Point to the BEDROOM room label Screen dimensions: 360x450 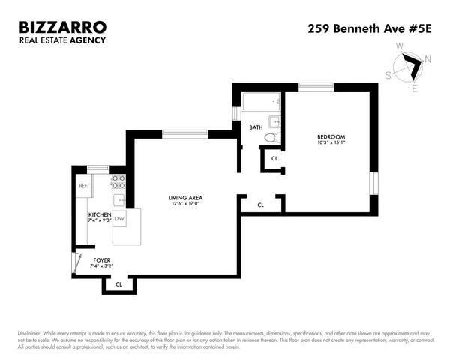tap(330, 136)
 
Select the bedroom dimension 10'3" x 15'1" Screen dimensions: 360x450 tap(330, 142)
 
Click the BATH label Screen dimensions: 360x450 tap(256, 127)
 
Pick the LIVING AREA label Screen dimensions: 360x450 tap(186, 199)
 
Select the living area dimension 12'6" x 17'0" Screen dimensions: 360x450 tap(186, 205)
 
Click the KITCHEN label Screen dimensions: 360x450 tap(100, 215)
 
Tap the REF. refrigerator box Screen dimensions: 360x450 tap(83, 185)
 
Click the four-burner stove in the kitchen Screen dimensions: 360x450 tap(118, 181)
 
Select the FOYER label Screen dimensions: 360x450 tap(100, 260)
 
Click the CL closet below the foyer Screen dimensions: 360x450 tap(119, 284)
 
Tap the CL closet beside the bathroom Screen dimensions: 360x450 tap(274, 159)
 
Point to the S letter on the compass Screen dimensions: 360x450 tap(388, 75)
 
